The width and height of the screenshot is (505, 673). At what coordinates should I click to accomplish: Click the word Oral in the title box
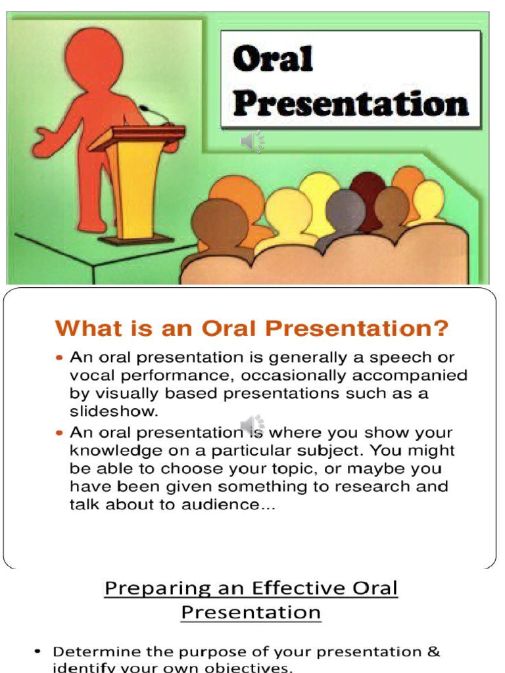coord(273,59)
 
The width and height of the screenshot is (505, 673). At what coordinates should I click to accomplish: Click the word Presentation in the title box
coord(350,103)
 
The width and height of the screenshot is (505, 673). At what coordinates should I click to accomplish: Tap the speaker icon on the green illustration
coord(252,141)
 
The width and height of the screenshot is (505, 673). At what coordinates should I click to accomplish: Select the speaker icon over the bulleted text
coord(252,426)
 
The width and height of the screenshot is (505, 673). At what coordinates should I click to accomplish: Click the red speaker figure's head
coord(94,58)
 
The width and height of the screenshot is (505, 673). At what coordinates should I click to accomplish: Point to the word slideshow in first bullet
coord(114,411)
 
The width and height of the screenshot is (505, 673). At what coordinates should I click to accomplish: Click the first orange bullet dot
coord(60,358)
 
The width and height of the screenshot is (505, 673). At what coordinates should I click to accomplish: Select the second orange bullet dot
coord(60,434)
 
